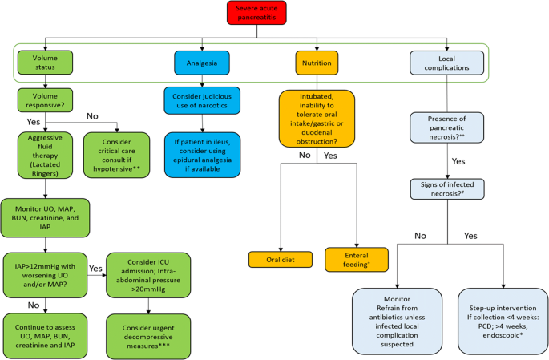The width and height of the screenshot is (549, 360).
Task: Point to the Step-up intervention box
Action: coord(503,318)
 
